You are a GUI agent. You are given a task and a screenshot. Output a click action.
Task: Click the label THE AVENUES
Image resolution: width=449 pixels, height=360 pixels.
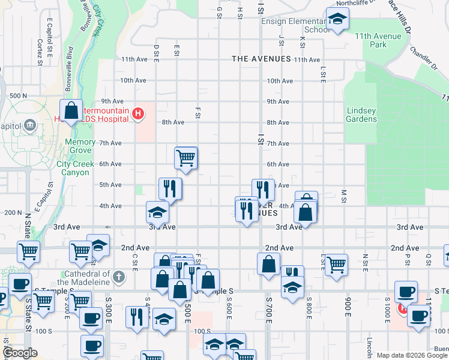[261, 59]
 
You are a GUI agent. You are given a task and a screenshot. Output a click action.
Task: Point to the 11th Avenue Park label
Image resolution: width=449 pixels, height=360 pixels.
[378, 40]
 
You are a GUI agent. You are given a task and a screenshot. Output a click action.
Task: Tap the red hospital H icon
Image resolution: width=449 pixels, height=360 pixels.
[138, 113]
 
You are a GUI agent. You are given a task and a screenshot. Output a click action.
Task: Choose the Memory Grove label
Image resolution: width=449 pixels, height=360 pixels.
[80, 146]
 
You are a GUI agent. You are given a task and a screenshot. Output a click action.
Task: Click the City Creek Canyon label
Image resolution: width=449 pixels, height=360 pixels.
[77, 167]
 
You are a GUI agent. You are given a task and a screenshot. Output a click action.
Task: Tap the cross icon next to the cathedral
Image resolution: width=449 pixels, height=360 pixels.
[119, 277]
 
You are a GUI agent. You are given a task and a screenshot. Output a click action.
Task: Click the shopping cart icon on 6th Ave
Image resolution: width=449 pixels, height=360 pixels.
[186, 158]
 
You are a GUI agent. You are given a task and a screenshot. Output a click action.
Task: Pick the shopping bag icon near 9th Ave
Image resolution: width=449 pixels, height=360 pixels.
[71, 110]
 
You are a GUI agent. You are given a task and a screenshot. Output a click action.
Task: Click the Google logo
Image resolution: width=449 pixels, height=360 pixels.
[20, 353]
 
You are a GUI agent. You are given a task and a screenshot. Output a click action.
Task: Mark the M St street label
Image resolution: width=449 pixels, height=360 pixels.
[344, 196]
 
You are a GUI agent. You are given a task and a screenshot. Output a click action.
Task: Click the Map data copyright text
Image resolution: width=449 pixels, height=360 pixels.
[412, 355]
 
